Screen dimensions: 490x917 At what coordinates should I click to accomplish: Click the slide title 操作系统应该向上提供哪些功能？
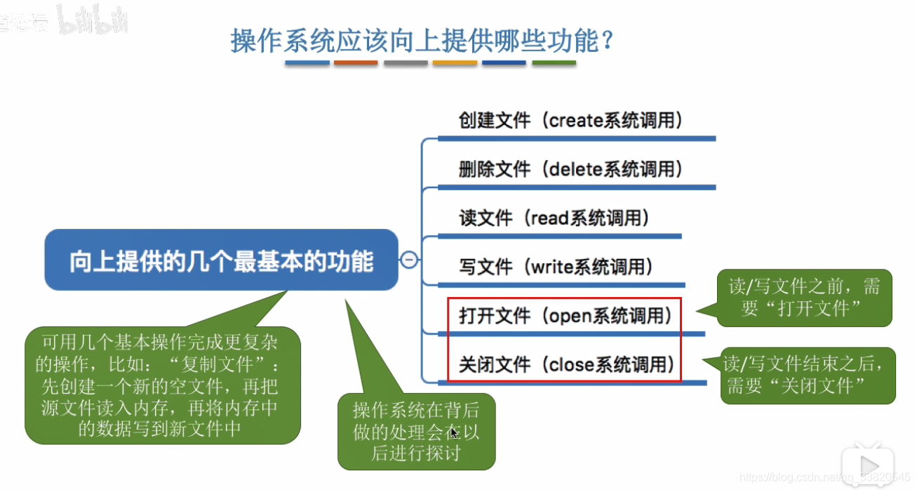coord(422,40)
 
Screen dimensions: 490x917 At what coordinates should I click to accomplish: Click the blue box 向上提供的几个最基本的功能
coord(221,260)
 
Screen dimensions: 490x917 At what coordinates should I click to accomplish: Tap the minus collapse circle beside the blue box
coord(409,260)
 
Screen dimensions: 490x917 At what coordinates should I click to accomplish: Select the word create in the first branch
coord(576,120)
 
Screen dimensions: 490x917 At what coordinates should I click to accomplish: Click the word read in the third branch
coord(549,218)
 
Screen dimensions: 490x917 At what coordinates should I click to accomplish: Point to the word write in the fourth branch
coord(553,267)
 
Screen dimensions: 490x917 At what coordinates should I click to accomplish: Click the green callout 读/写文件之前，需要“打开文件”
coord(804,298)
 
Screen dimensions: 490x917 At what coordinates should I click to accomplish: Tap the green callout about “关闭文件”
coord(808,375)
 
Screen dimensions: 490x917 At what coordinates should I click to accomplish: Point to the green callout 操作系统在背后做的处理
coord(416,431)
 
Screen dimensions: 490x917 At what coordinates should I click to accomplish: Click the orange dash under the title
coord(356,63)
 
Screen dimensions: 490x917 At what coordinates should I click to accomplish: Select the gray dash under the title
coord(406,63)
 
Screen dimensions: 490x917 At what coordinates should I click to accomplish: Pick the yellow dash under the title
coord(455,63)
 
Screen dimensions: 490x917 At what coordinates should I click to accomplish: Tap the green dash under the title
coord(554,63)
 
